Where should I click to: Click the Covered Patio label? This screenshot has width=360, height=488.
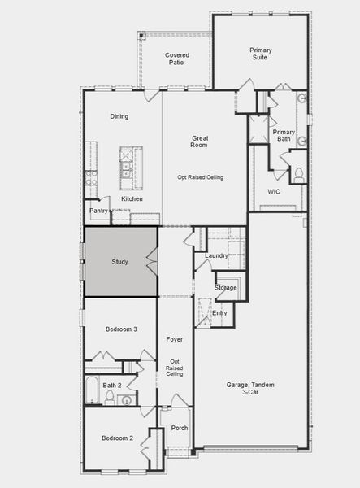pos(177,59)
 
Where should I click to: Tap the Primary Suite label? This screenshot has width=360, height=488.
pos(261,54)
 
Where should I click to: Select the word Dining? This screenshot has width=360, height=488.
pos(119,116)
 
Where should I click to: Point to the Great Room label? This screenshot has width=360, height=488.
pos(200,142)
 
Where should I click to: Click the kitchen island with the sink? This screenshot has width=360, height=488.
pos(128,163)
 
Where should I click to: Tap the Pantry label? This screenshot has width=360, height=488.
pos(98,211)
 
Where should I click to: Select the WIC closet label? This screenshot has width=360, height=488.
pos(274,192)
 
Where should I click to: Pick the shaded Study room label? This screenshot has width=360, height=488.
pos(119,262)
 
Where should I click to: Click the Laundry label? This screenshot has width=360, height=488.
pos(216,255)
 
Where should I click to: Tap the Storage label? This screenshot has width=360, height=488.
pos(225,288)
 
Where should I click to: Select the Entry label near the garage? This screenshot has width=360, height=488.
pos(219,313)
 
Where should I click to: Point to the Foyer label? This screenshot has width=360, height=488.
pos(175,338)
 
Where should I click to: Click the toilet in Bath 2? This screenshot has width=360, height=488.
pos(110,397)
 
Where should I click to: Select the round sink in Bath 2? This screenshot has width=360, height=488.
pos(127,399)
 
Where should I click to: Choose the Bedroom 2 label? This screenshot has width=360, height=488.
pos(116,438)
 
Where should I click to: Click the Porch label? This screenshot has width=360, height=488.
pos(180,428)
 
